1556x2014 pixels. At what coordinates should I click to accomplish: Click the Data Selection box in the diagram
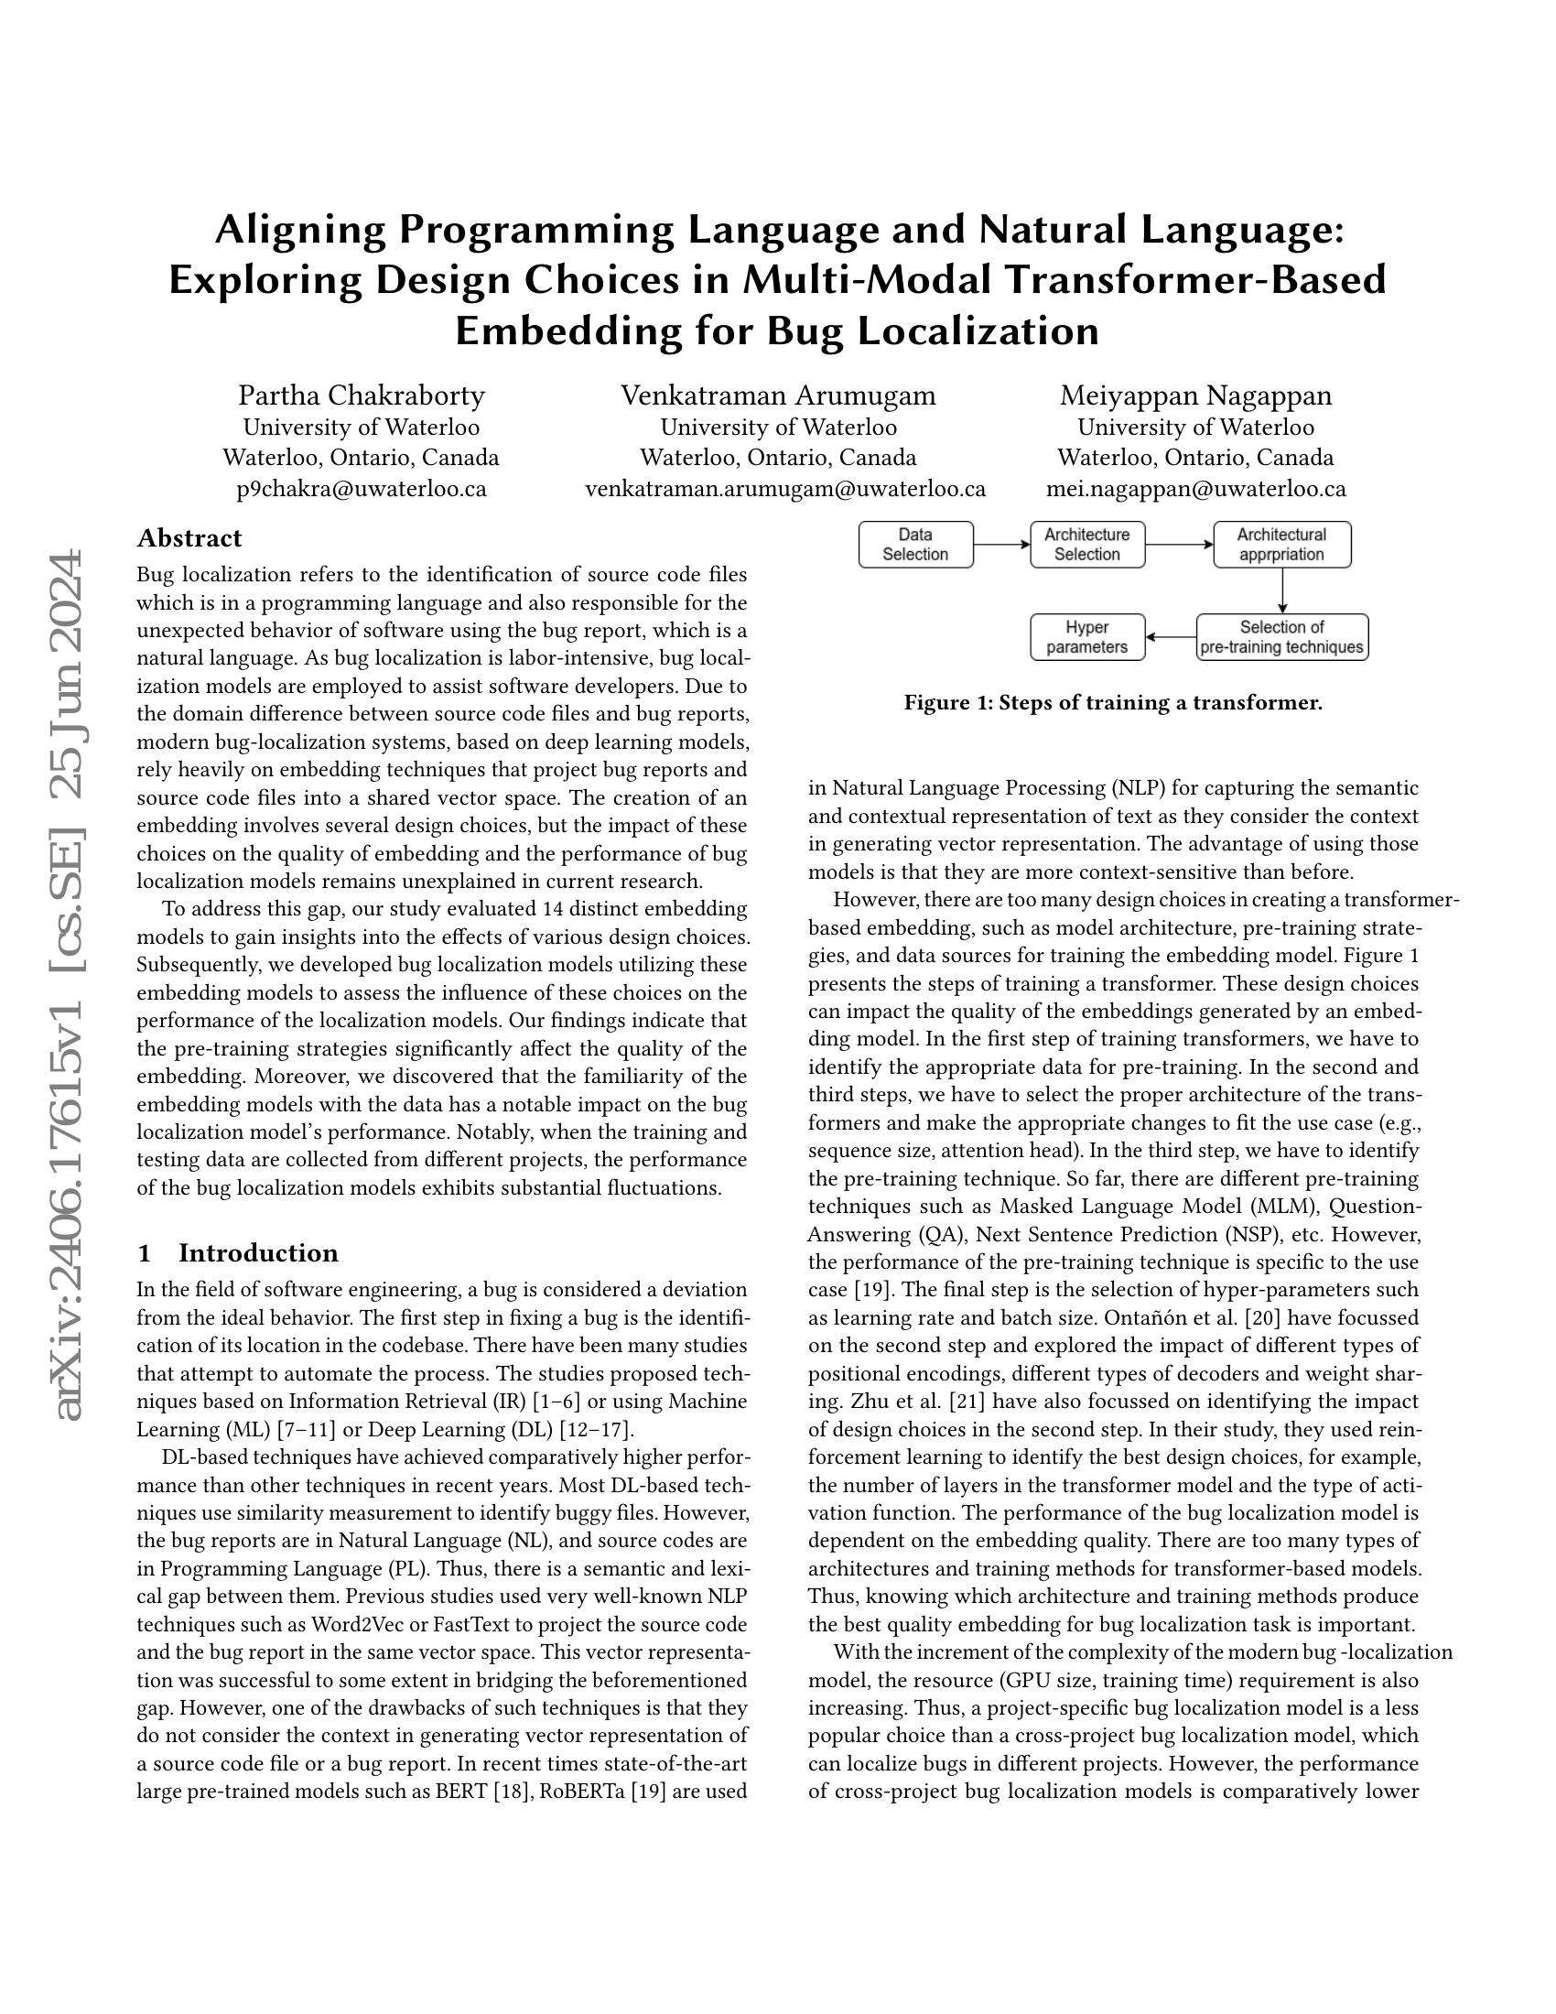(x=915, y=544)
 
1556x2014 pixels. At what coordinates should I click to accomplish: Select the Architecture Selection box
(x=1086, y=544)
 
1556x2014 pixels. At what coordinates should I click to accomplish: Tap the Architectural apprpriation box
(x=1281, y=544)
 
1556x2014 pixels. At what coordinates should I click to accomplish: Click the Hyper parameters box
(x=1086, y=637)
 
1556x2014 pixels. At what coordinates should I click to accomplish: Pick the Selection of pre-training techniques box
(x=1281, y=637)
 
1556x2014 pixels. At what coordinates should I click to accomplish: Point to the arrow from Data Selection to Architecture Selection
(x=1001, y=544)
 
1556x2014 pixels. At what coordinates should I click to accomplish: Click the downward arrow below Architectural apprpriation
(x=1281, y=590)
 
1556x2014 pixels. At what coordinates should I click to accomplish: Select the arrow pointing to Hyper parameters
(x=1171, y=637)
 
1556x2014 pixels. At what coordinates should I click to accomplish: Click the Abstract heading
(x=189, y=538)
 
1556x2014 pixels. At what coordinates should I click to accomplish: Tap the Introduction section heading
(x=258, y=1253)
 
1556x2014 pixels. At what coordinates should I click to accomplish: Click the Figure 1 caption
(x=1113, y=704)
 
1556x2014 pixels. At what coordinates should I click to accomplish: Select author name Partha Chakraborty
(x=362, y=395)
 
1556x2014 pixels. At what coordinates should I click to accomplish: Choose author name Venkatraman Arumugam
(x=778, y=395)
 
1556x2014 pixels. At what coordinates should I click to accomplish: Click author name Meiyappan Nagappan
(x=1195, y=395)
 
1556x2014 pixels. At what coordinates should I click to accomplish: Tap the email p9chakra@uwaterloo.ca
(x=362, y=489)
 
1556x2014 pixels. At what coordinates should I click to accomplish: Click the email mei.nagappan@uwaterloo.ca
(x=1195, y=489)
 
